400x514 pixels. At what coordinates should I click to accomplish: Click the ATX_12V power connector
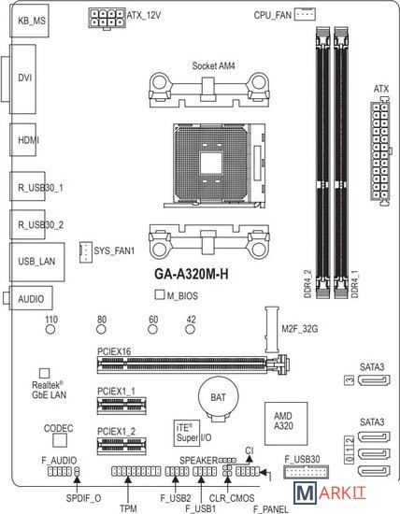107,18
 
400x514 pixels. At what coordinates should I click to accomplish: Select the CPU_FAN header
305,14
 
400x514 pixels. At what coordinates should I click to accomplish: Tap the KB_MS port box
30,21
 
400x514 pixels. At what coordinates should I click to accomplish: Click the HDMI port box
23,139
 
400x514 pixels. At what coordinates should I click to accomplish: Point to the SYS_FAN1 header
86,252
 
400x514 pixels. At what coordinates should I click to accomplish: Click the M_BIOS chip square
160,294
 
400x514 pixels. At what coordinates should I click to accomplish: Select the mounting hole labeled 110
50,329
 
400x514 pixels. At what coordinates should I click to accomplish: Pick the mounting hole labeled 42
190,329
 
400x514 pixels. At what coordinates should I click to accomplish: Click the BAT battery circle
218,397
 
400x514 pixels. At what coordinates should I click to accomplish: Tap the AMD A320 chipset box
286,423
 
